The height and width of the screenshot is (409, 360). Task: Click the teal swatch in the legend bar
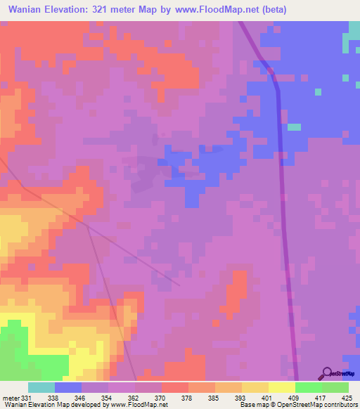[41, 387]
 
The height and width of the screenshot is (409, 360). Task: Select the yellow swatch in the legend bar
[281, 387]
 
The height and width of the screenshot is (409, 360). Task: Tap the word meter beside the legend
[11, 398]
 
